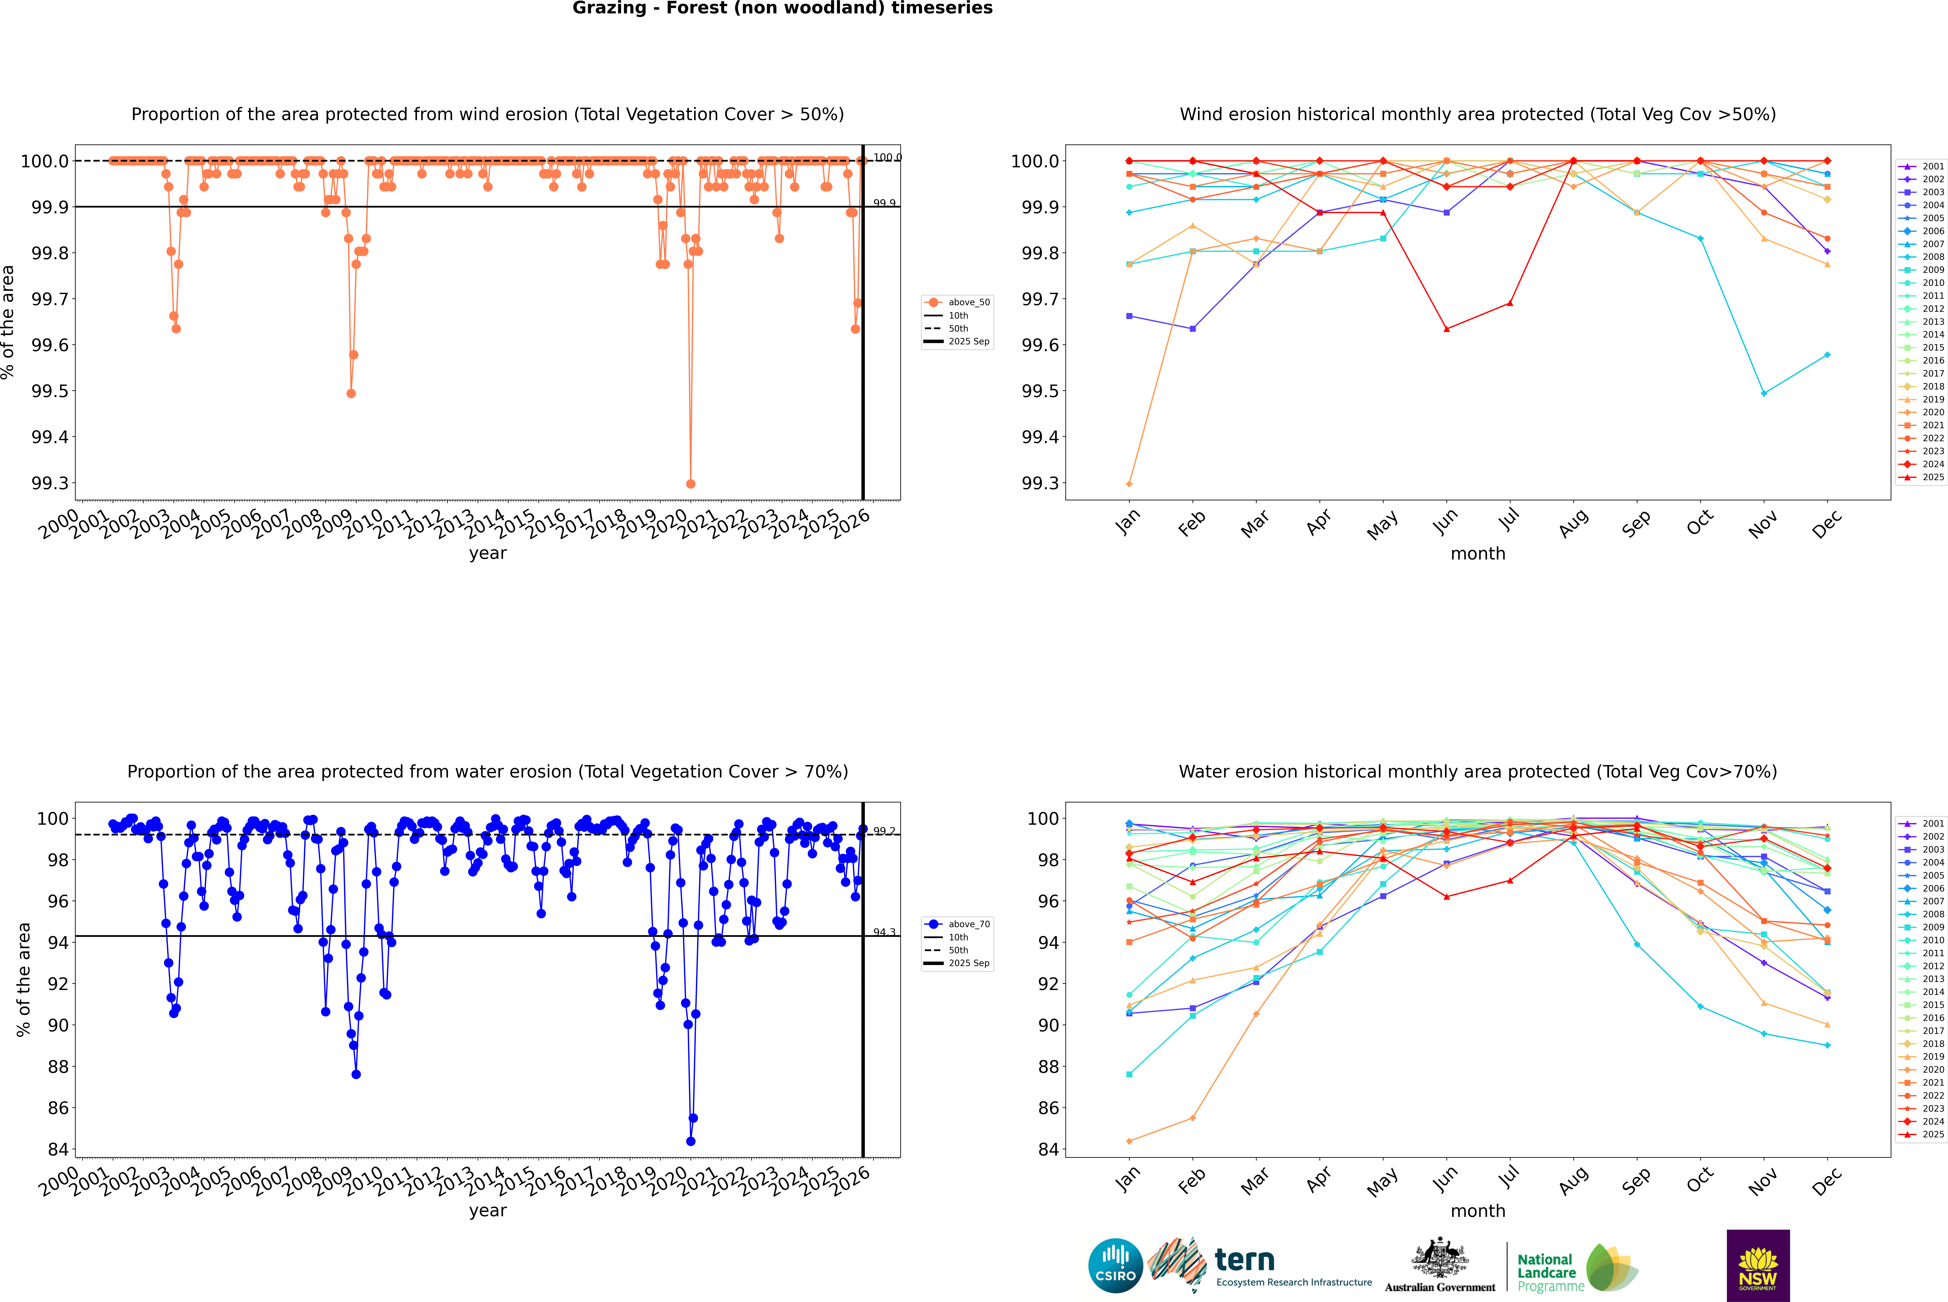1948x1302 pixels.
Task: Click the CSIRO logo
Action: pos(1115,1266)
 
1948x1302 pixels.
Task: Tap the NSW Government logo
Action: pos(1758,1266)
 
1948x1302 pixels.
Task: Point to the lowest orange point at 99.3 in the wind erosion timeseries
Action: pos(691,483)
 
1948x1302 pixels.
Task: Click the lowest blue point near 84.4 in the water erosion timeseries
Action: pos(691,1141)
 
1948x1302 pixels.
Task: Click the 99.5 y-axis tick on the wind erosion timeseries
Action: pos(50,391)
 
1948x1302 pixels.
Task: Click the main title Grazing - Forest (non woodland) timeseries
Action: pos(782,8)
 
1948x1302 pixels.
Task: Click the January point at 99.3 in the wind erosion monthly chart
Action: pos(1129,483)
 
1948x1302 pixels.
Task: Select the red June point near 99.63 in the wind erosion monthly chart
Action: pos(1446,329)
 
